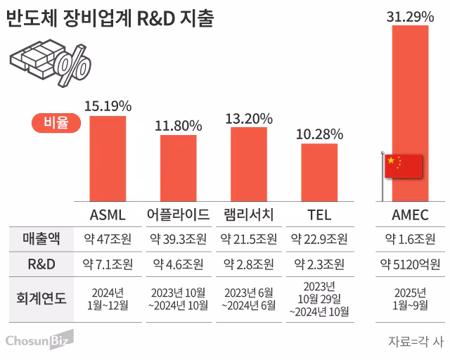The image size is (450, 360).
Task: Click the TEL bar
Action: (319, 172)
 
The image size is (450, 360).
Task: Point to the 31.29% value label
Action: (410, 14)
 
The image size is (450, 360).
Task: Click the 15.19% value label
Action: (108, 106)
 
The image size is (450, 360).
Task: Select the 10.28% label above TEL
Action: (319, 134)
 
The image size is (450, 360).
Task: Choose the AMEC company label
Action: (410, 214)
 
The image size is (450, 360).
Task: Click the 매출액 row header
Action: (37, 239)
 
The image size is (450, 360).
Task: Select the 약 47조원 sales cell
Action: (108, 239)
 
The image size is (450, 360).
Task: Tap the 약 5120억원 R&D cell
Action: (410, 264)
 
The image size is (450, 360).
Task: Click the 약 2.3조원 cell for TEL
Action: (319, 264)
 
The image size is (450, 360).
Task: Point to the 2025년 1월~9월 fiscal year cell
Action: (410, 297)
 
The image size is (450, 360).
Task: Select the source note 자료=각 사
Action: (416, 341)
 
